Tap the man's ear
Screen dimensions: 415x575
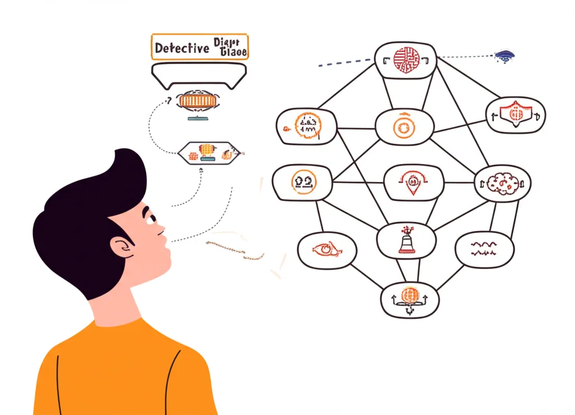coord(121,247)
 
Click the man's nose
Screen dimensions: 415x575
coord(161,229)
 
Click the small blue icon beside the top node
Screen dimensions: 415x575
coord(504,56)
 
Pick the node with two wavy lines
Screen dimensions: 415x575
coord(483,249)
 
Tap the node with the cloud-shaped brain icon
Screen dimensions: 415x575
coord(503,184)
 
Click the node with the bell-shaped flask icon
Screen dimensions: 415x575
coord(405,240)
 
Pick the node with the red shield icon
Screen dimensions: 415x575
coord(515,115)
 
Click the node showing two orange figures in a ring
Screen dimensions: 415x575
coord(302,183)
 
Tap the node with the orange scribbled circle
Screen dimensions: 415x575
coord(307,125)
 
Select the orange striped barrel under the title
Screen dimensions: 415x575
coord(197,102)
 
